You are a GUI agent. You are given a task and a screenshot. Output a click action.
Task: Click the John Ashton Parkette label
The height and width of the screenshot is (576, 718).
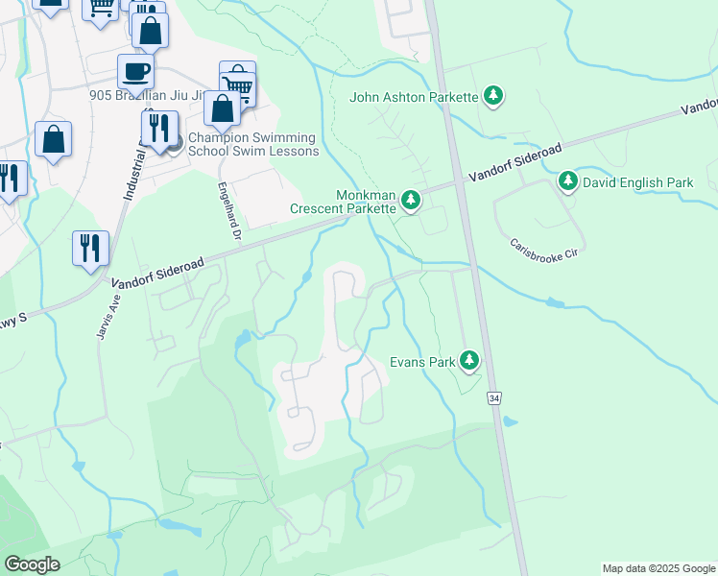pos(414,97)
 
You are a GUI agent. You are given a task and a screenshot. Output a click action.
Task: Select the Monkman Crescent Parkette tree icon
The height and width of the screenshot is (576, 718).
pos(411,200)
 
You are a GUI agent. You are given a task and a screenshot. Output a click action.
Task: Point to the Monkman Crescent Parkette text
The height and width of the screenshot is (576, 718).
pos(343,201)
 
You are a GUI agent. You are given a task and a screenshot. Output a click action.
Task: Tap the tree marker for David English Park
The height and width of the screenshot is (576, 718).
pos(567,180)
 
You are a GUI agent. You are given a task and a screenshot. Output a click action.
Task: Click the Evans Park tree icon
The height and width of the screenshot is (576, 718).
pos(468,361)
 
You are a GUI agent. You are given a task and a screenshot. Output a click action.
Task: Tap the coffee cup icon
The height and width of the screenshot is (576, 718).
pos(135,71)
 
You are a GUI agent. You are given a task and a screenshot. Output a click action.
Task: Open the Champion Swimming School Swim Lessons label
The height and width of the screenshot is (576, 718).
pos(253,144)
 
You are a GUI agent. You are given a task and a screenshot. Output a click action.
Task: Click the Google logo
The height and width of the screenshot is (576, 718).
pos(32,564)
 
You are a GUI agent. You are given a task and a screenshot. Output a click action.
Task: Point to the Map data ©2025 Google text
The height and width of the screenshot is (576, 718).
pos(658,568)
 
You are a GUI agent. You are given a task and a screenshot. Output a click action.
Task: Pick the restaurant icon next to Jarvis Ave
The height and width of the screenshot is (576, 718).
pos(90,248)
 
